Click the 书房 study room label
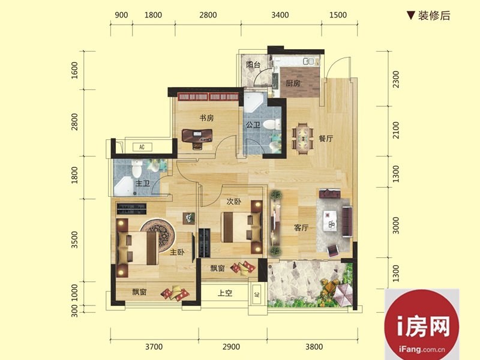(206, 118)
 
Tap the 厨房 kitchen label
(293, 83)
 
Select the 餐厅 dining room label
(326, 139)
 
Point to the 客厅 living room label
(301, 228)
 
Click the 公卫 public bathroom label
(253, 125)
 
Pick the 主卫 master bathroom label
(143, 184)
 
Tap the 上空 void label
(225, 293)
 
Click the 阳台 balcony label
(253, 65)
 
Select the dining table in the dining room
(303, 139)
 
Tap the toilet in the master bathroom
(137, 169)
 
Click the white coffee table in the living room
(330, 220)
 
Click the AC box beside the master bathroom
(142, 147)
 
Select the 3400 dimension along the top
(280, 14)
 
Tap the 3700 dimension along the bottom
(154, 347)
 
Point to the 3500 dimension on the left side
(74, 239)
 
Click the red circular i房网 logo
(422, 325)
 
